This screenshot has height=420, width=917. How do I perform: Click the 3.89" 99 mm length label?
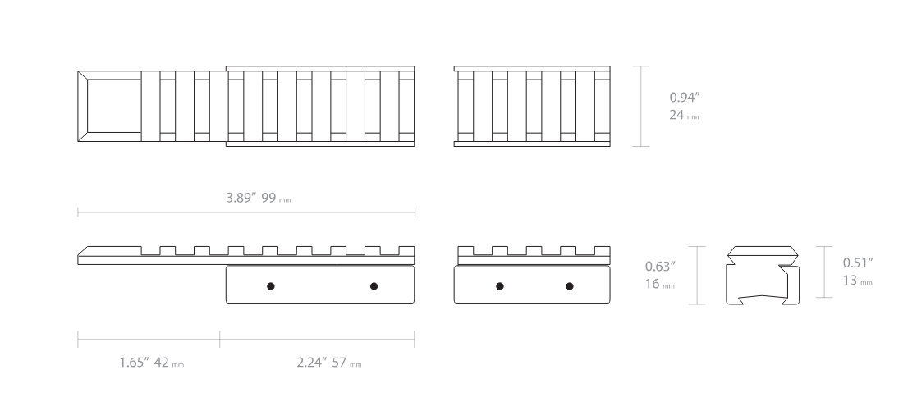259,198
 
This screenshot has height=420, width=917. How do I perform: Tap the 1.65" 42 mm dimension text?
152,363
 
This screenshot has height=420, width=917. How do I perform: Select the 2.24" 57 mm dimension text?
328,363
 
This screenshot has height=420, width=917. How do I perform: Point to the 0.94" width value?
685,98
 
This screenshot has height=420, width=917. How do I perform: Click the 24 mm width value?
684,115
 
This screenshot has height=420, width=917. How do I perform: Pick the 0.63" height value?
660,267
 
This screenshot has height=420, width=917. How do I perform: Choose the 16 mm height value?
660,284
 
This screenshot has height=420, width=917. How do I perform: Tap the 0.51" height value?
858,262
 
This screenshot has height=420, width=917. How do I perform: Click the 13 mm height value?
857,281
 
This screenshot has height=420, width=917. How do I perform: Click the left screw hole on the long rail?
270,286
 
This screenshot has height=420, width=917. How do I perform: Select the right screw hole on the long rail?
374,286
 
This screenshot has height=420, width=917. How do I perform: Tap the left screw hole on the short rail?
499,286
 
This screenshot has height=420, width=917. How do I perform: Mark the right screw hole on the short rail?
570,286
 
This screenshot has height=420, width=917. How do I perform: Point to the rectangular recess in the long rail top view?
113,107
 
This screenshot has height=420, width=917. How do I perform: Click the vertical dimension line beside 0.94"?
641,106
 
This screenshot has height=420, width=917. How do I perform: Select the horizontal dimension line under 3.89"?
246,212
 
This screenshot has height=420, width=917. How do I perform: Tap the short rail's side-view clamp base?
532,285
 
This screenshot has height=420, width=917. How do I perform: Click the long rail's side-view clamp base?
320,285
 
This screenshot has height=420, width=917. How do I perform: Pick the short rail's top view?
532,106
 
